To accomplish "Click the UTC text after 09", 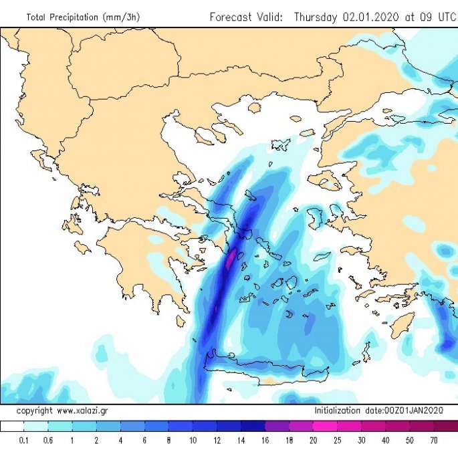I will click(444, 17).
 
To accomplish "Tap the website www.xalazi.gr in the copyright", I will click(84, 410).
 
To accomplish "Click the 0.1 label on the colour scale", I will click(23, 441).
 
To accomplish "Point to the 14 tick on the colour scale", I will click(241, 441).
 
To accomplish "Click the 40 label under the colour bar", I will click(386, 441).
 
